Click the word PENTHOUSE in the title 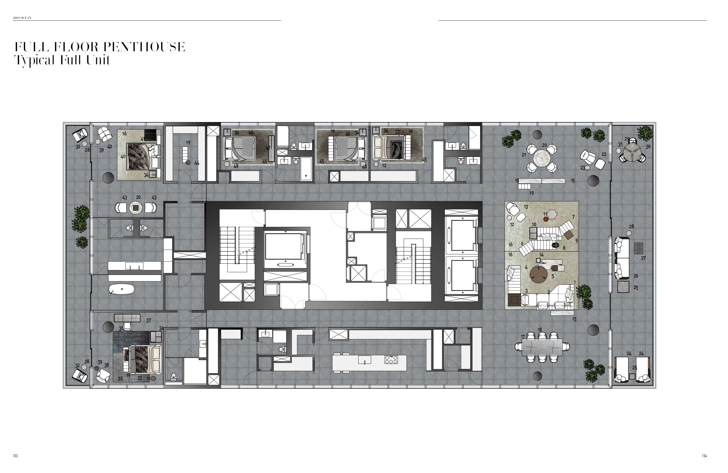tap(144, 47)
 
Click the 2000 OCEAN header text tap(22, 18)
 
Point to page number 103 tap(15, 456)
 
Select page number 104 tap(704, 456)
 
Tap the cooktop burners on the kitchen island tap(391, 360)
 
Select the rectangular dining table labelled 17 tap(542, 348)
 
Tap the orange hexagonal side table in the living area tap(546, 219)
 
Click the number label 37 tap(149, 321)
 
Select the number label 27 tap(643, 258)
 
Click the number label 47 tap(268, 148)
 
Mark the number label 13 tap(526, 207)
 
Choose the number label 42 tap(110, 147)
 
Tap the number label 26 tap(636, 276)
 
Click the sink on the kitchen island tap(365, 360)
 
